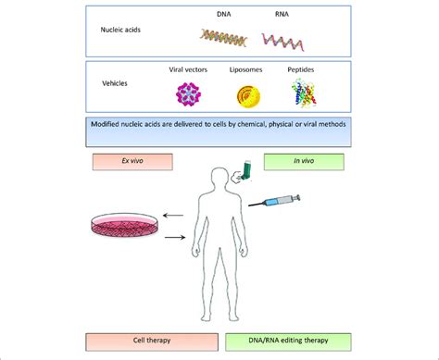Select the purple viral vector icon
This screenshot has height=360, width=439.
click(192, 93)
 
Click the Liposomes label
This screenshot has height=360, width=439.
click(251, 70)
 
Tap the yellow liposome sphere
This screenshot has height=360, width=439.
click(251, 94)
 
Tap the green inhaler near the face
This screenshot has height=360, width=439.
click(244, 170)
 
